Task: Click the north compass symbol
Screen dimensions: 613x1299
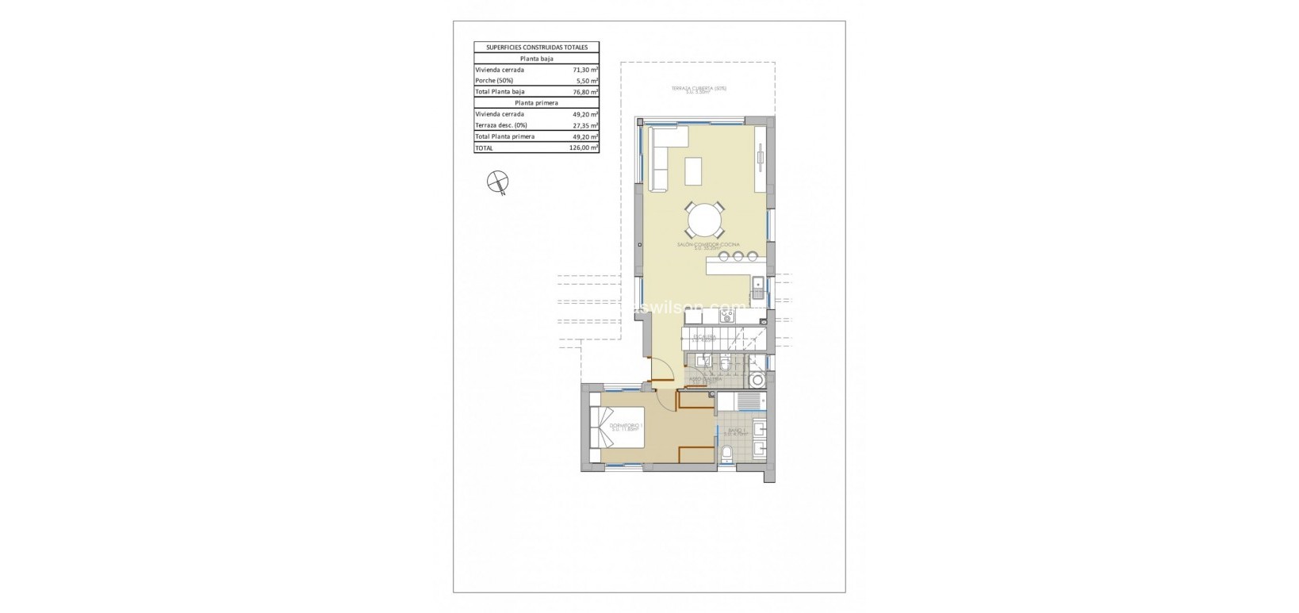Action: click(x=497, y=183)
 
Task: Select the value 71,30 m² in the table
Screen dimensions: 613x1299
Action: click(x=584, y=70)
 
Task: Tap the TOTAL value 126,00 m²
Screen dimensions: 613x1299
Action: click(x=583, y=148)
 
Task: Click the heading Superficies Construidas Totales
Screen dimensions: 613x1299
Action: click(x=536, y=48)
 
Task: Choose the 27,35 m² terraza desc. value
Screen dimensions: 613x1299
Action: click(x=584, y=125)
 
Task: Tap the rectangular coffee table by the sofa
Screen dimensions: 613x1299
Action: click(x=693, y=170)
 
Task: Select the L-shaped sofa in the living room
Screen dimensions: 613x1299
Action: click(x=660, y=159)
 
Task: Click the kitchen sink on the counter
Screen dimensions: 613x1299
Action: click(x=757, y=283)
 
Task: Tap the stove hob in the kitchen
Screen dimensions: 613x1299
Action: click(x=727, y=316)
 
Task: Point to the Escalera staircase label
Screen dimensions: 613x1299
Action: click(x=704, y=339)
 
